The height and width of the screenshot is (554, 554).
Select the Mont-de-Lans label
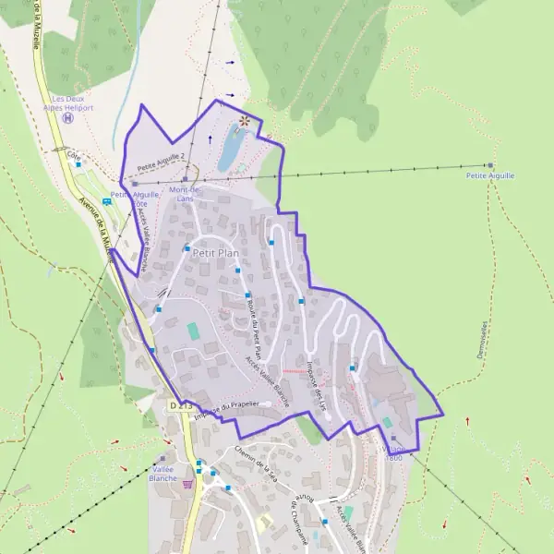pos(186,194)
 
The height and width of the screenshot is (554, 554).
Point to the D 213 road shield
pos(180,406)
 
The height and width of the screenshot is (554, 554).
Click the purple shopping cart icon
pos(189,482)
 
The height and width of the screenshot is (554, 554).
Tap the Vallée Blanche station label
pos(163,474)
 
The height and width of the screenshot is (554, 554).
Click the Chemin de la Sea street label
pos(256,459)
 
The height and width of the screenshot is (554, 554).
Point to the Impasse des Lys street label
pos(319,382)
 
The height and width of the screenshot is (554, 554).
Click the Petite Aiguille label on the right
pos(490,175)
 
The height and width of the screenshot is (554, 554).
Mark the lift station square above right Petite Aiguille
pos(490,165)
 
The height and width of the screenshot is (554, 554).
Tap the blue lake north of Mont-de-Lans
pos(230,151)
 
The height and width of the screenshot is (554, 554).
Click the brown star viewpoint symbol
pos(244,120)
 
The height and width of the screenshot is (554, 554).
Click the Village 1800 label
pos(392,450)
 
